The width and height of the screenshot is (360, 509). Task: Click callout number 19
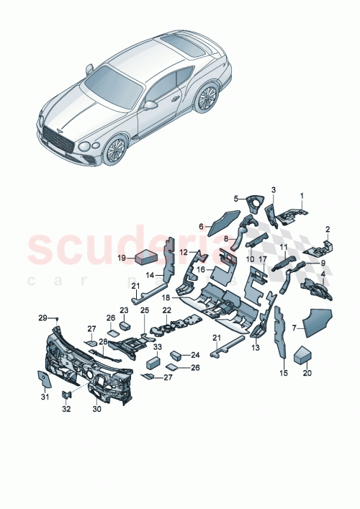tap(122, 257)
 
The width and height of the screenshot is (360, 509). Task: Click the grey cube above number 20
tap(303, 354)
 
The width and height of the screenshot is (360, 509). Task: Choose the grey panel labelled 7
tap(315, 323)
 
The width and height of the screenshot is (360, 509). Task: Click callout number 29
tap(42, 317)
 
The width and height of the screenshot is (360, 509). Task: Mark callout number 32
tap(66, 408)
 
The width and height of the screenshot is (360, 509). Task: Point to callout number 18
tap(166, 297)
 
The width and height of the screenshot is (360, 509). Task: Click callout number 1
tap(302, 195)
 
